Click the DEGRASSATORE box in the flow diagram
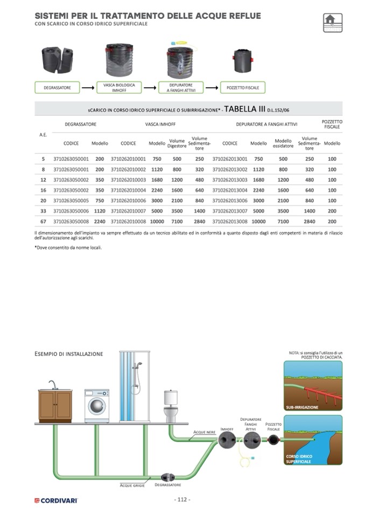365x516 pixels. pos(57,87)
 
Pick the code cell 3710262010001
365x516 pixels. pos(128,159)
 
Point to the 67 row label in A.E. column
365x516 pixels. pos(43,221)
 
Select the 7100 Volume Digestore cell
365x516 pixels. pos(177,221)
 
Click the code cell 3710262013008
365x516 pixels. pos(230,221)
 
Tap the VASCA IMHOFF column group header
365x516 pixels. pos(160,124)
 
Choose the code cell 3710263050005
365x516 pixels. pos(71,200)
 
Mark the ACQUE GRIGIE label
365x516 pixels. pos(132,485)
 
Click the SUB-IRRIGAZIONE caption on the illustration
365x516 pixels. pos(302,407)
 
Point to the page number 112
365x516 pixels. pos(182,500)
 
